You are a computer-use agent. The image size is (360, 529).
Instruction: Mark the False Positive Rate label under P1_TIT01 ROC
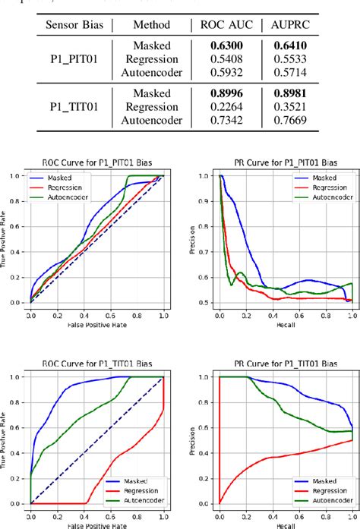click(x=96, y=524)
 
